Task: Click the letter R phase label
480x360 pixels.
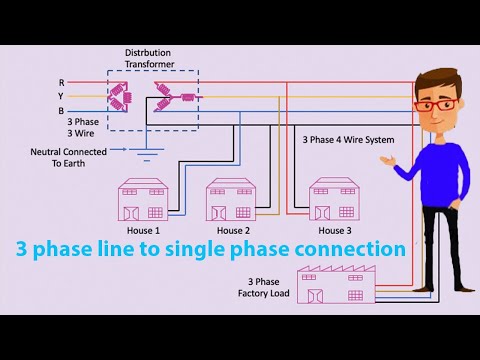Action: click(63, 82)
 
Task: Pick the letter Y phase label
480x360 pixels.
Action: click(63, 96)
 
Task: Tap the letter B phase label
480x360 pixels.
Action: click(63, 111)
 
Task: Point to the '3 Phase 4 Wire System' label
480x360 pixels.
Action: click(347, 140)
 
